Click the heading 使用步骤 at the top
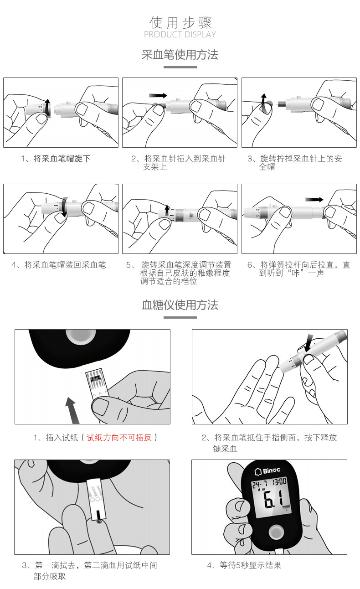[x=180, y=22]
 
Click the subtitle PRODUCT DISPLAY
[x=180, y=35]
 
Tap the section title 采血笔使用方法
[x=180, y=55]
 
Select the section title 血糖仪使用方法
[x=180, y=305]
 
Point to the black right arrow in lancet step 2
[x=158, y=96]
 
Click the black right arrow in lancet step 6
[x=314, y=199]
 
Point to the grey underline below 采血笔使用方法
[x=180, y=67]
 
